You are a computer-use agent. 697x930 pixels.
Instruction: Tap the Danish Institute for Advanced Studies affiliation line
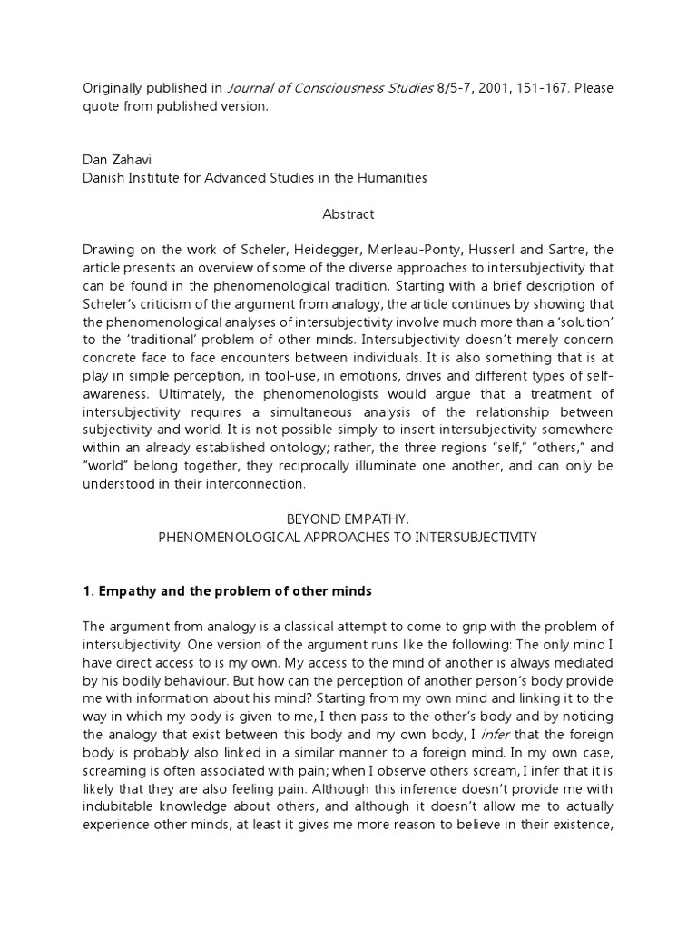[x=254, y=178]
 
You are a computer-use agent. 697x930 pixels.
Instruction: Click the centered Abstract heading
[x=348, y=215]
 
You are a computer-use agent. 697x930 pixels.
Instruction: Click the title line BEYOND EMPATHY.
[x=348, y=519]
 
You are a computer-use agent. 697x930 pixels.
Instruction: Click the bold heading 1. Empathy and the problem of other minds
[x=227, y=591]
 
